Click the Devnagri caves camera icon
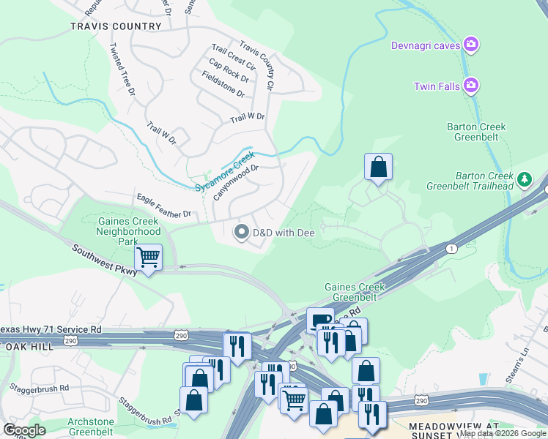tap(472, 45)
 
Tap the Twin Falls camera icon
tap(472, 86)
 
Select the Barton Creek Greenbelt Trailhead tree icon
tap(524, 179)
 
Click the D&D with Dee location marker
tap(241, 233)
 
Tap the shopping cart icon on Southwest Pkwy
tap(149, 258)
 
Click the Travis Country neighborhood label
tap(116, 26)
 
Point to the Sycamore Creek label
tap(225, 170)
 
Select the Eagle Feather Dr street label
tap(164, 206)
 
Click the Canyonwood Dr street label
tap(236, 182)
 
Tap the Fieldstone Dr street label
tap(223, 85)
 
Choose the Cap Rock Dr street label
tap(229, 72)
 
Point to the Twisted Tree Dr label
tap(122, 70)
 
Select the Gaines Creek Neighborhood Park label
tap(128, 230)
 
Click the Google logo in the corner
tap(25, 430)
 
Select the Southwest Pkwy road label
tap(105, 260)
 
